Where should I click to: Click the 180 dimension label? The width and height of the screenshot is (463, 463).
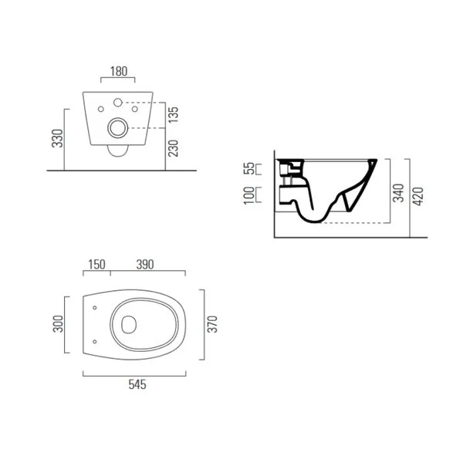pyautogui.click(x=119, y=72)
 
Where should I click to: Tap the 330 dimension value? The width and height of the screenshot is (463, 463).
pyautogui.click(x=58, y=138)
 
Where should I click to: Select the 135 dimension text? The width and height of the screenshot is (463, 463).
pyautogui.click(x=174, y=115)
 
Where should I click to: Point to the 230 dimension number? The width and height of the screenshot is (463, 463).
pyautogui.click(x=174, y=148)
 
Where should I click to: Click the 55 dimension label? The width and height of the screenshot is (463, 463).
pyautogui.click(x=249, y=168)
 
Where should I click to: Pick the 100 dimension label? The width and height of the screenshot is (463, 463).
pyautogui.click(x=249, y=195)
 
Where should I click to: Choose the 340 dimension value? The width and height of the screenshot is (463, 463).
pyautogui.click(x=398, y=193)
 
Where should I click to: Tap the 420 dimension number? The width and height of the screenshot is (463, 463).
pyautogui.click(x=417, y=196)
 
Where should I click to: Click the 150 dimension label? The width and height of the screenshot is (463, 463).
pyautogui.click(x=96, y=265)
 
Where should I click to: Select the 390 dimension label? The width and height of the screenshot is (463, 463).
pyautogui.click(x=145, y=265)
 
